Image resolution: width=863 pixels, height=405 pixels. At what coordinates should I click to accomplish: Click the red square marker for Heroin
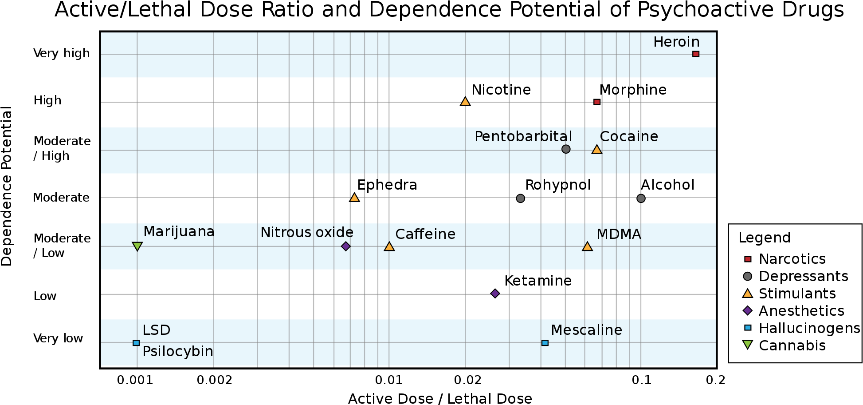pos(696,54)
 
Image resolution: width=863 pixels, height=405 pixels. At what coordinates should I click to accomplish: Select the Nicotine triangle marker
pos(465,102)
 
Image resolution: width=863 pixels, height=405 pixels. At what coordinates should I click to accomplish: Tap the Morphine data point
pos(597,102)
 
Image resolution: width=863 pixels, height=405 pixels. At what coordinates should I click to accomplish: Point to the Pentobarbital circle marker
pos(566,149)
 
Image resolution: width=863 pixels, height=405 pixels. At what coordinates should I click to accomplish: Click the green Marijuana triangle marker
pos(137,246)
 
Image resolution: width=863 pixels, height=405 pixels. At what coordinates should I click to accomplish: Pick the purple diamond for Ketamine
pos(495,293)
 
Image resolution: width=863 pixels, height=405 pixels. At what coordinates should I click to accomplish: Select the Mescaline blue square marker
pos(545,343)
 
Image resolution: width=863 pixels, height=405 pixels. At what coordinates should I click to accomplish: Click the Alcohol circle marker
pos(641,198)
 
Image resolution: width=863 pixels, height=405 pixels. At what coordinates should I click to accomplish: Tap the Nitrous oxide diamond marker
pos(346,246)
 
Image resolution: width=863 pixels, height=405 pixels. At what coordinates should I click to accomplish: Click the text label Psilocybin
pos(178,351)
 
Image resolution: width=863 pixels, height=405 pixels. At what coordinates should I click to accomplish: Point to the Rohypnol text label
pos(558,185)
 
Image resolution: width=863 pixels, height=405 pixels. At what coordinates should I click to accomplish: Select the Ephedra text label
pos(387,185)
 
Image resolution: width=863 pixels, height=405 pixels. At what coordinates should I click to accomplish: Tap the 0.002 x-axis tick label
pos(215,380)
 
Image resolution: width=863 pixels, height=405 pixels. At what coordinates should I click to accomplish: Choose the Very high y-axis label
pos(62,53)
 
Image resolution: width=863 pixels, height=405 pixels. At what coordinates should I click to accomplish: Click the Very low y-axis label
pos(58,338)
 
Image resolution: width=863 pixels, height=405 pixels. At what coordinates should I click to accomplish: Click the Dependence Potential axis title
pos(7,186)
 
